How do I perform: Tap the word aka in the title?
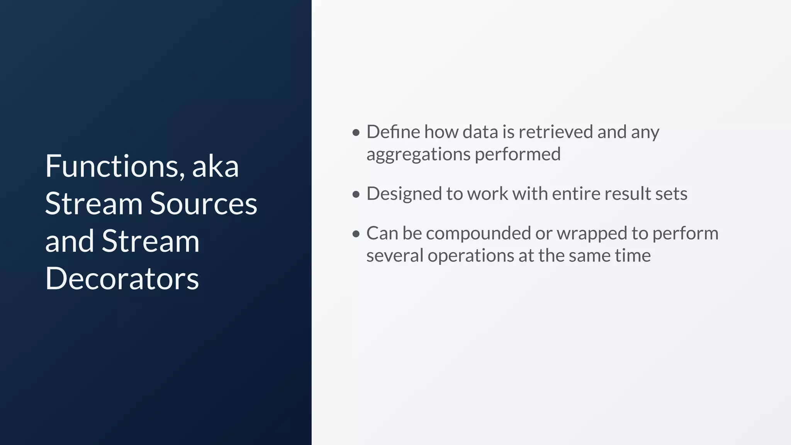pos(215,166)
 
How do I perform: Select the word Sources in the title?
pos(203,204)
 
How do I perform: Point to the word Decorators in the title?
pos(122,279)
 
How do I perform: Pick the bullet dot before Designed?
pos(356,194)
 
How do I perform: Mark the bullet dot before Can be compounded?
pos(356,234)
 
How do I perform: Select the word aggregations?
pos(418,155)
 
